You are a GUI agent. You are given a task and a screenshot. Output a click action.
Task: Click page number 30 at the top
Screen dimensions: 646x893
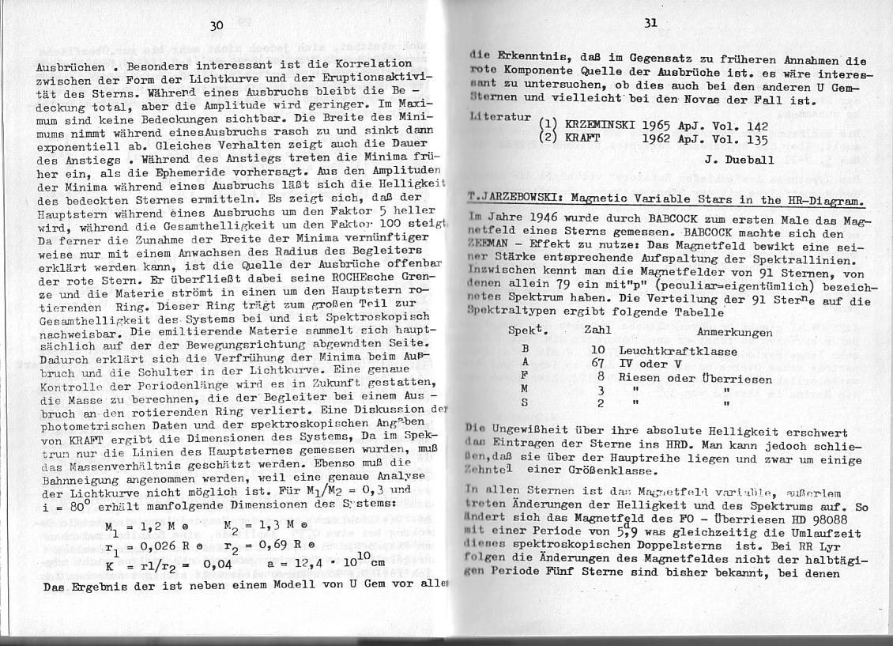click(217, 25)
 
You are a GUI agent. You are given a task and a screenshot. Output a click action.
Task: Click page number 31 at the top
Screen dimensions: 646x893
click(650, 23)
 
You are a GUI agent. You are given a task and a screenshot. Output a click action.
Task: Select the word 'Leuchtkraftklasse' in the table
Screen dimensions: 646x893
click(678, 350)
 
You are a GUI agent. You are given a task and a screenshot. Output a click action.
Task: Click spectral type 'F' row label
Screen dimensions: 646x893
click(524, 376)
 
